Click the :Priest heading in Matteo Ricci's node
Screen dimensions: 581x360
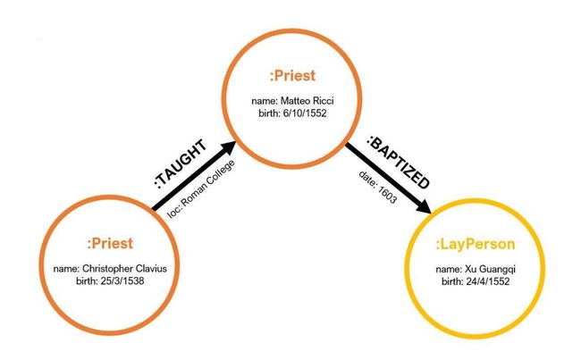tap(292, 76)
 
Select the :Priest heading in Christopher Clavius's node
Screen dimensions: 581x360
tap(110, 243)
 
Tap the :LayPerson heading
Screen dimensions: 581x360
tap(476, 245)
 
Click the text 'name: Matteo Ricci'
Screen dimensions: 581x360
tap(292, 101)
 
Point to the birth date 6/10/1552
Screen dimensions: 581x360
tap(305, 113)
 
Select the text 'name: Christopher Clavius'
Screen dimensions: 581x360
tap(110, 269)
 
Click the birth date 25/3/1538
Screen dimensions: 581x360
tap(122, 281)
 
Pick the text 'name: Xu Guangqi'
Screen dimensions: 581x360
tap(476, 269)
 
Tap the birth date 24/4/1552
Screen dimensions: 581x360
tap(488, 281)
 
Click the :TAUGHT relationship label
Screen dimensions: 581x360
tap(181, 164)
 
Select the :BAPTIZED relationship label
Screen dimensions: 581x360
tap(399, 163)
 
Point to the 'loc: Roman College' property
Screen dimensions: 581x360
tap(201, 188)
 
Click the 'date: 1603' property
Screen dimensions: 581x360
tap(377, 187)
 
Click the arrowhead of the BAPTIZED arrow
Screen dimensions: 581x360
tap(422, 205)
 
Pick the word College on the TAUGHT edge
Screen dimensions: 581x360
tap(221, 173)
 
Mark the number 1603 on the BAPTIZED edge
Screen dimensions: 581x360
tap(387, 195)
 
